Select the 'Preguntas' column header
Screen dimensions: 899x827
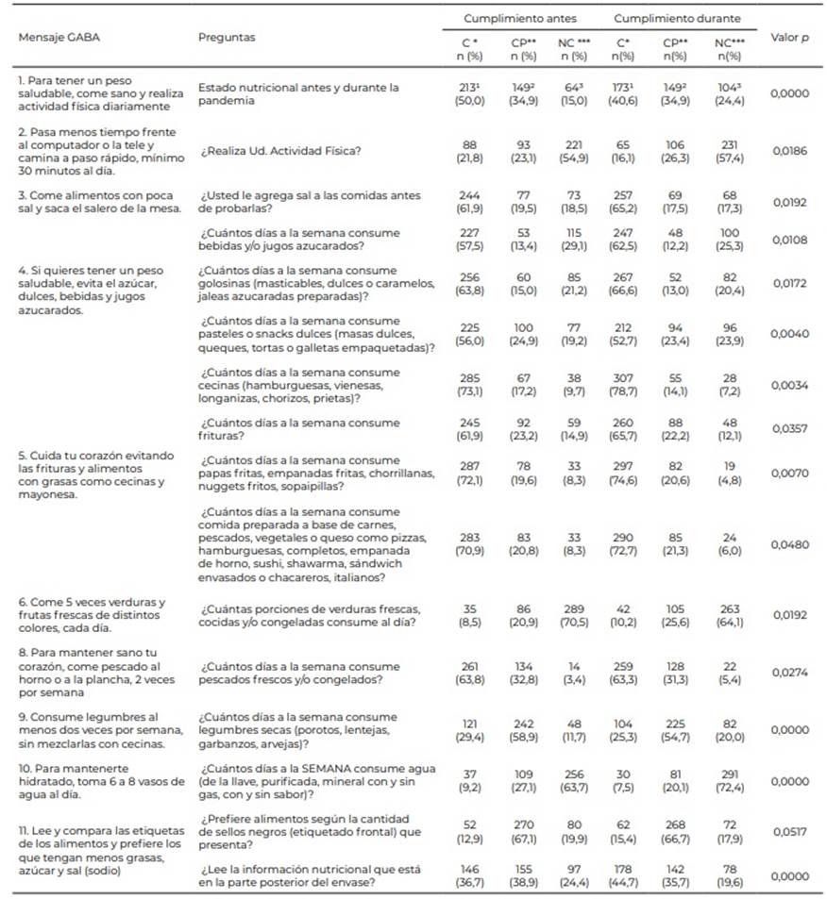click(227, 38)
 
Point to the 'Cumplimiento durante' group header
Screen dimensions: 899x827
click(678, 19)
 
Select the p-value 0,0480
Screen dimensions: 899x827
click(789, 544)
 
